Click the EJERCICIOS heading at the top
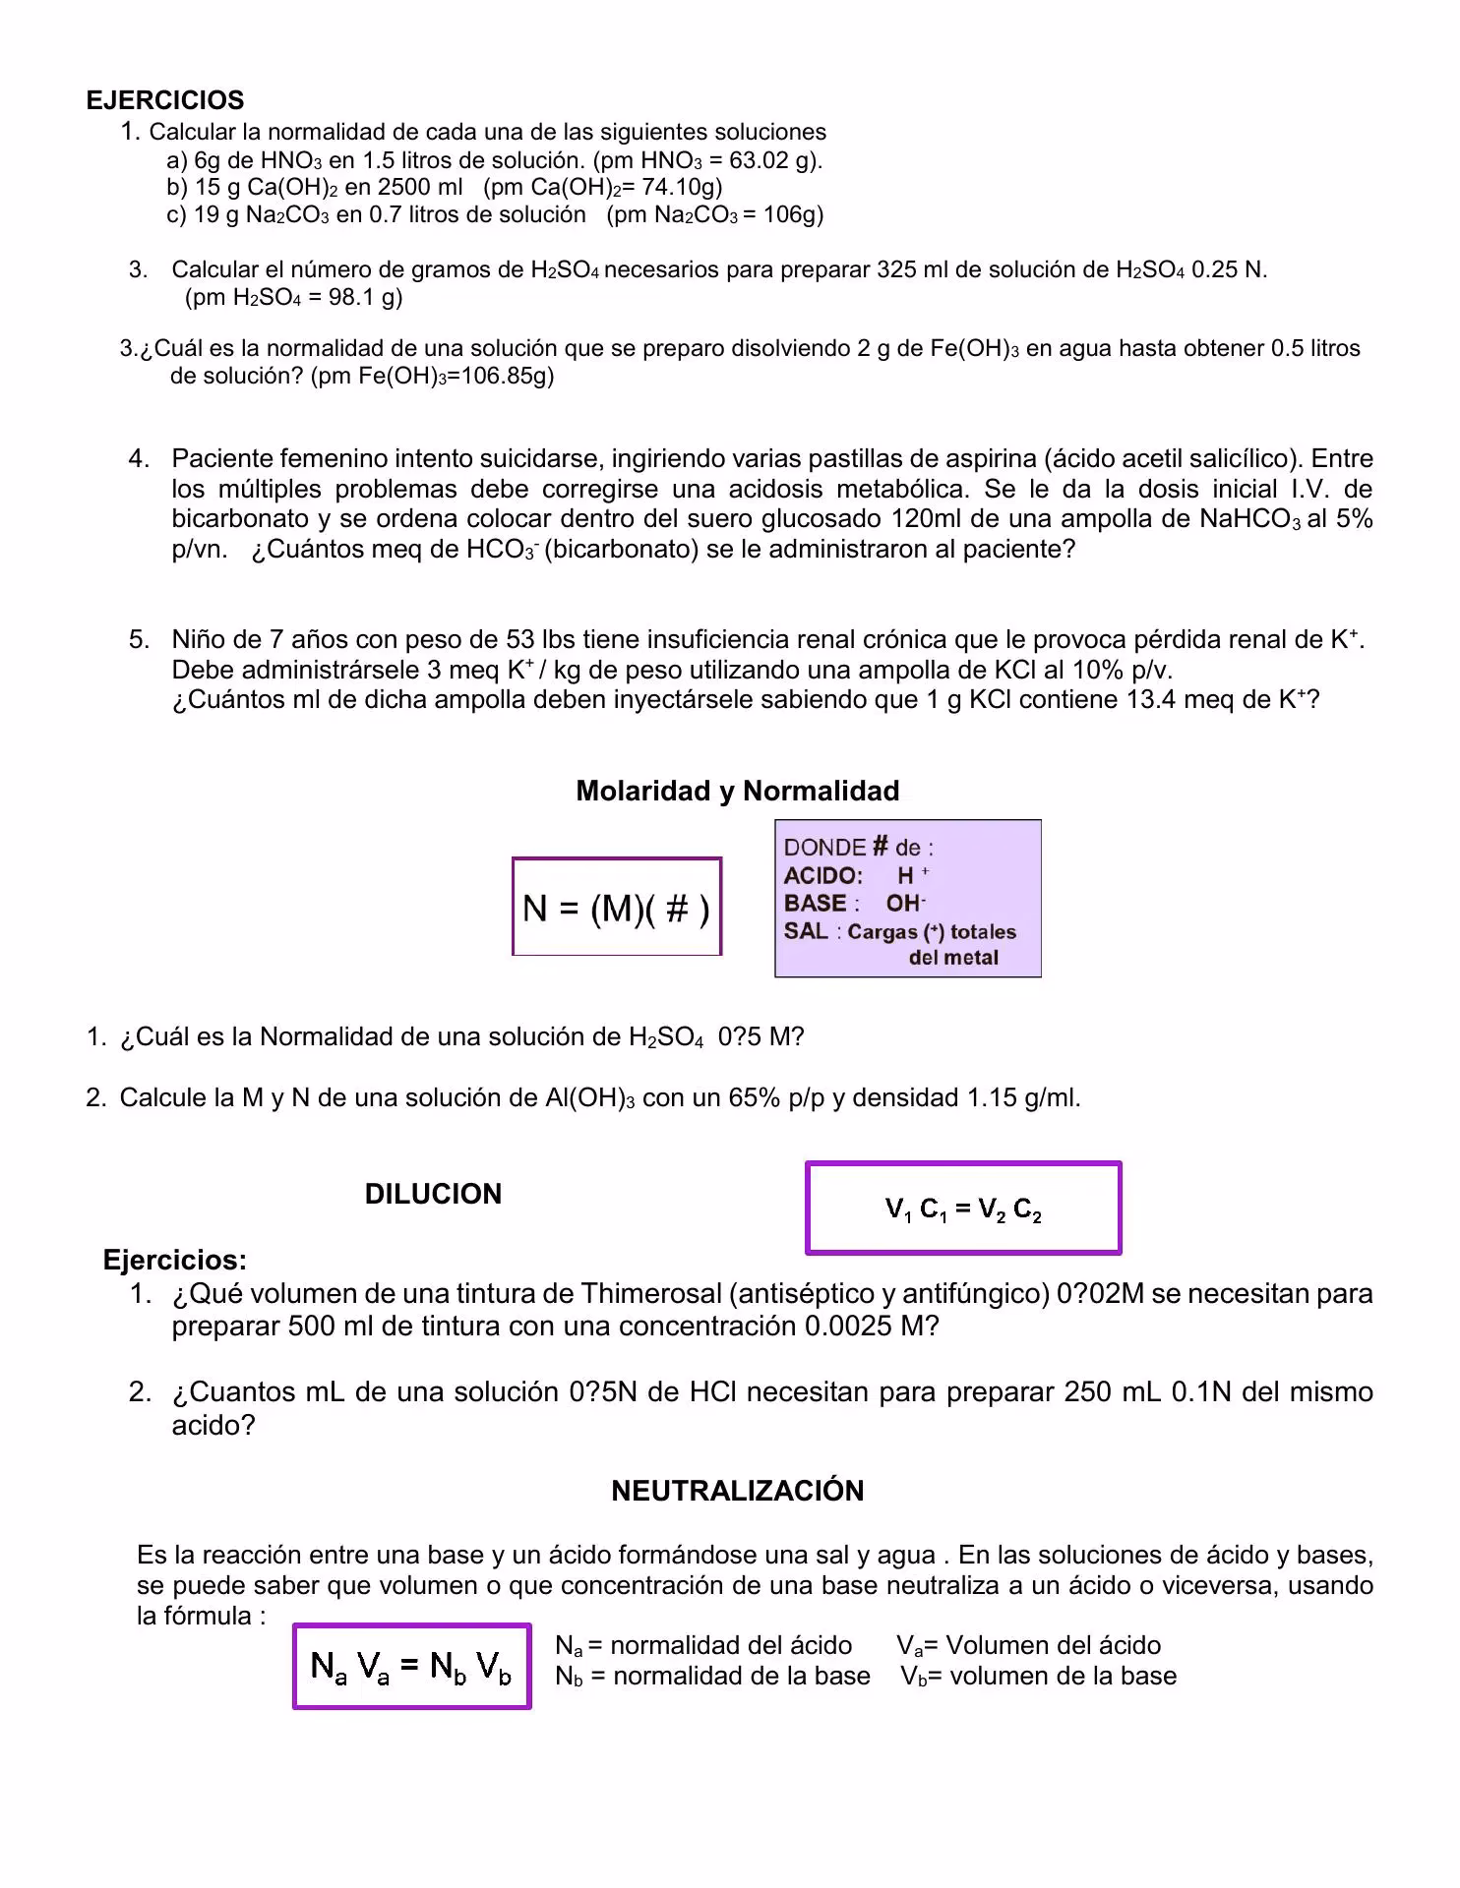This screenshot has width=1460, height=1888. click(x=164, y=100)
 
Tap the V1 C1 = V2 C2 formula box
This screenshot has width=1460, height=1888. click(x=962, y=1209)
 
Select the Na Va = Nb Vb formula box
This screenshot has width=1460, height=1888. click(x=411, y=1666)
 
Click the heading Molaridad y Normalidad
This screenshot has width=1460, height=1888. click(x=737, y=791)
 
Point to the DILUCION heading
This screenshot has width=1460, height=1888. click(x=433, y=1194)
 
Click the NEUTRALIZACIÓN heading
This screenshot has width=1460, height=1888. click(x=737, y=1491)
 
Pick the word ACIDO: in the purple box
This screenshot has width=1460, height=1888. click(x=822, y=875)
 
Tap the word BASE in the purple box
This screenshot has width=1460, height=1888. click(x=815, y=903)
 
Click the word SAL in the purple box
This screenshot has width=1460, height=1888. click(x=805, y=930)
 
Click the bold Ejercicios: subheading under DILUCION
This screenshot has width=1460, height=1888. click(x=174, y=1260)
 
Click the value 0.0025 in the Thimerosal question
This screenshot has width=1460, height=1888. click(x=848, y=1326)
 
